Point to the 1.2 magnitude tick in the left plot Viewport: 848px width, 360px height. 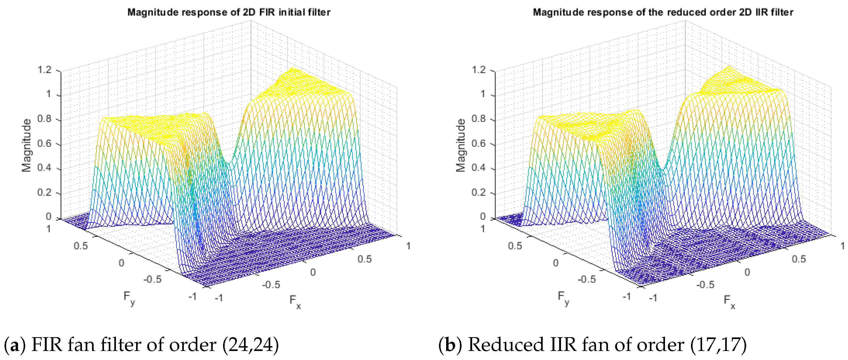45,70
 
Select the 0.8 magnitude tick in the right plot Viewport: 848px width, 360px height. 479,119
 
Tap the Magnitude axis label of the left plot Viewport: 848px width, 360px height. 26,145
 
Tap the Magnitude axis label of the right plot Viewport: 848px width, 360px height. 460,145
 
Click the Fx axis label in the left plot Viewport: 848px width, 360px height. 295,301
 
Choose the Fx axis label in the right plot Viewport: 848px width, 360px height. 729,301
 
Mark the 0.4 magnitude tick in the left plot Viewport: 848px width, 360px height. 45,168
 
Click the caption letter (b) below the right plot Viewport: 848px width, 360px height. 450,345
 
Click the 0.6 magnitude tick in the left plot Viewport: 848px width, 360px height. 45,144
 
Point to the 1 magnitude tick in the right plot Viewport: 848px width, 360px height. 482,94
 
